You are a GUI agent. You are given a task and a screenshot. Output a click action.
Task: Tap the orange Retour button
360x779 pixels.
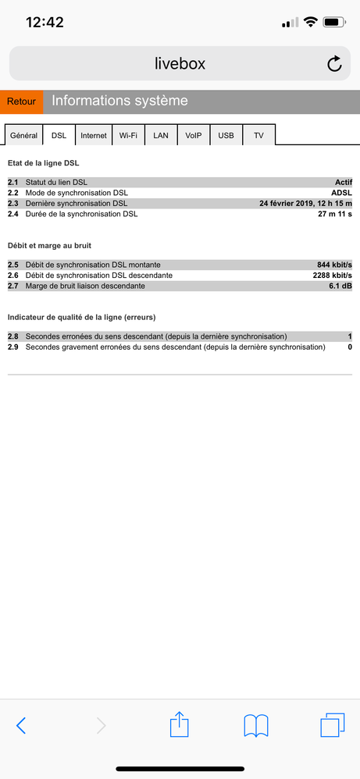[22, 101]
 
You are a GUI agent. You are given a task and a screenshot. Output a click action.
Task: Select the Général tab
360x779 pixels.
[23, 135]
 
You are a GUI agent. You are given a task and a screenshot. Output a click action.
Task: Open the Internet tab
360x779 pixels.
[94, 135]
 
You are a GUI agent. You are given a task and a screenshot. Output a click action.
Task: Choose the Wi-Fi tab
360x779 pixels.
[128, 135]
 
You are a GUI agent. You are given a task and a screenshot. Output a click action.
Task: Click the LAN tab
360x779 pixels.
[161, 135]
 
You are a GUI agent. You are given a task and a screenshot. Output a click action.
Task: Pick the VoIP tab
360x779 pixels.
[193, 135]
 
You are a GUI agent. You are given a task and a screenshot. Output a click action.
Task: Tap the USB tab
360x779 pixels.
[226, 135]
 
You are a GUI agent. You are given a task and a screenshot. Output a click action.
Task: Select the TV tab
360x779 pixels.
[258, 135]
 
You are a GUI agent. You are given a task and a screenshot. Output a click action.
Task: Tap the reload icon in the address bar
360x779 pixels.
[334, 64]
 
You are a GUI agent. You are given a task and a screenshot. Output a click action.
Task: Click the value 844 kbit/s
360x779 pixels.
[335, 265]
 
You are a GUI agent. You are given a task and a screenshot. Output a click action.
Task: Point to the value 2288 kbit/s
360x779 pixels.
[332, 275]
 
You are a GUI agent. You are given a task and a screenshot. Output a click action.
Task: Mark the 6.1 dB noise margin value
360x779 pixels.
[340, 286]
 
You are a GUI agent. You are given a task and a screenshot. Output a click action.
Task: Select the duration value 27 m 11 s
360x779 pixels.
[335, 213]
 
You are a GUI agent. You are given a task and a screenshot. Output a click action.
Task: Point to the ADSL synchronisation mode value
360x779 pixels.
[341, 193]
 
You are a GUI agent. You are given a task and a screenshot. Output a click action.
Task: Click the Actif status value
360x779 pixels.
[344, 182]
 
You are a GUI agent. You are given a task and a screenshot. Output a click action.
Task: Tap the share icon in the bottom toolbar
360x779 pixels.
[180, 725]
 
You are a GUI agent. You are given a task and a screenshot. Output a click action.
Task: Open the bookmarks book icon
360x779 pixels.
[256, 725]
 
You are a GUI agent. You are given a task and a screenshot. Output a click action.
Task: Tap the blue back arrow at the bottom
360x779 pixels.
[21, 725]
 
